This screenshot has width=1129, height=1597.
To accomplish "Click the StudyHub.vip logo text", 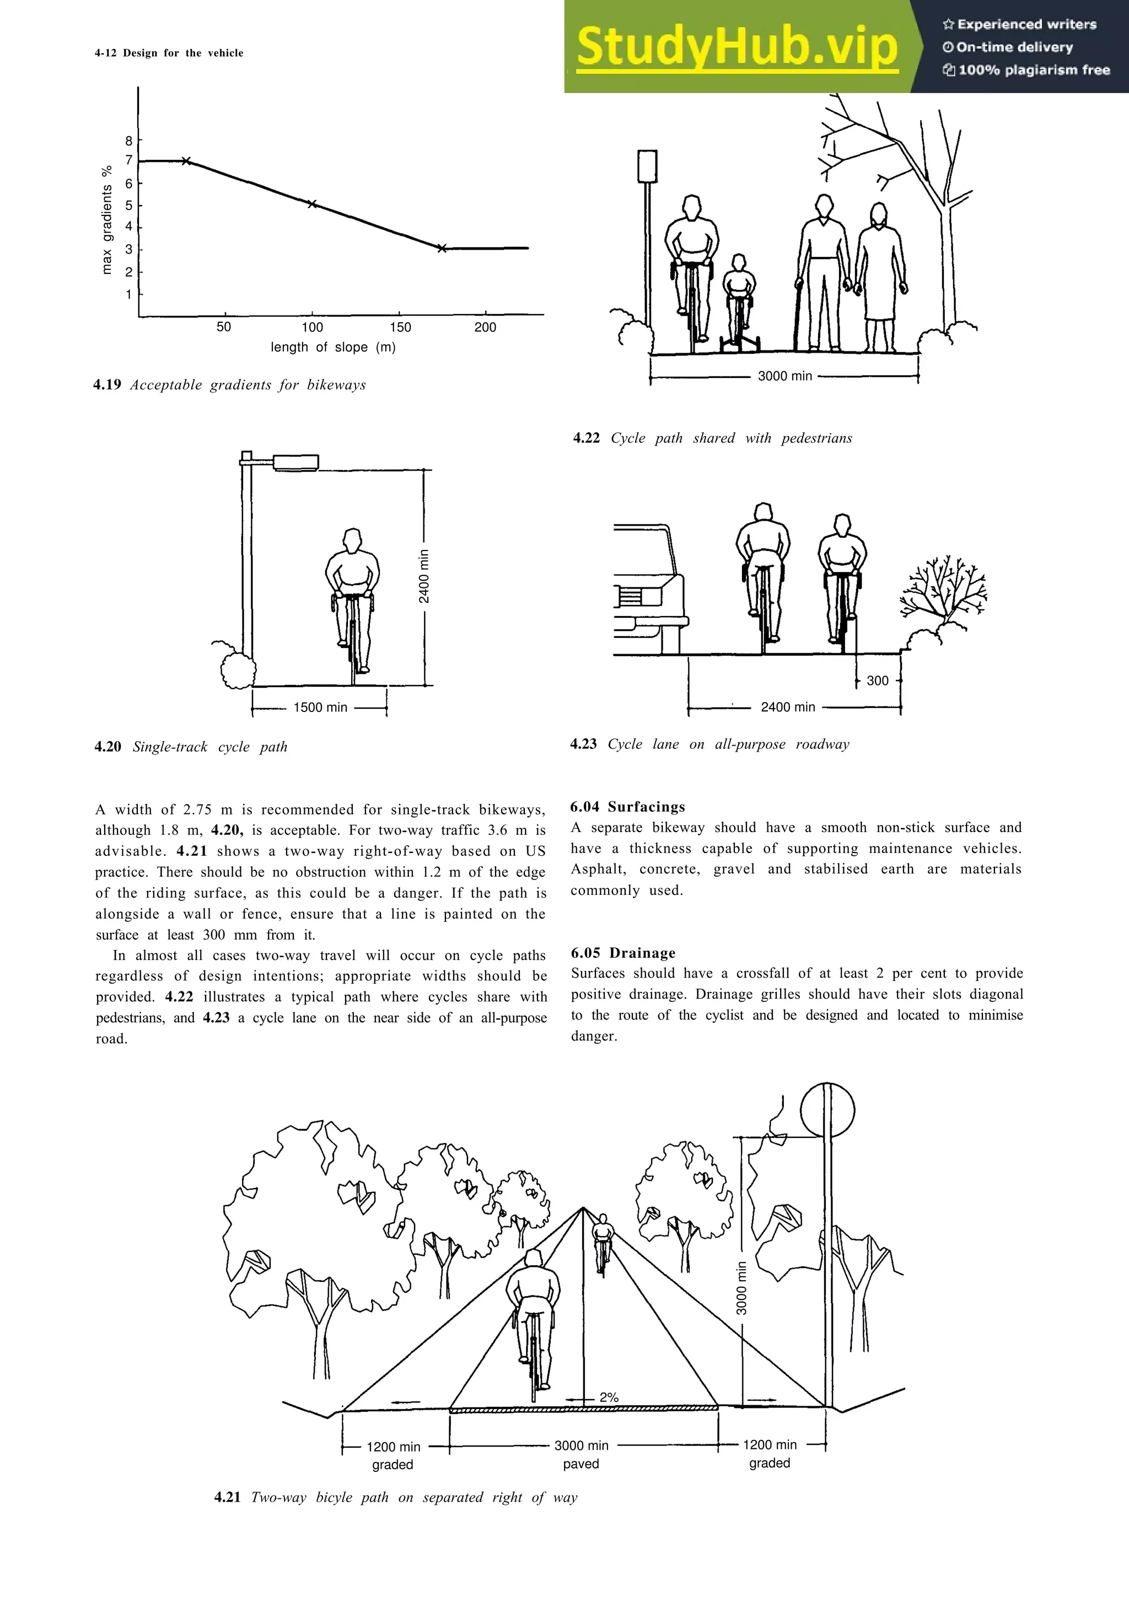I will (x=738, y=47).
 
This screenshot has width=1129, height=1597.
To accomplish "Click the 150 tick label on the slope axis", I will (x=400, y=327).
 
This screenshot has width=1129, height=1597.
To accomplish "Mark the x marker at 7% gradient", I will (x=186, y=161).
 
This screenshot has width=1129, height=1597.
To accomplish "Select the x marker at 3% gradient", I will (x=441, y=247).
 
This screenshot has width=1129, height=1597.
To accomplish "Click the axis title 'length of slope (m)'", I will (x=333, y=347).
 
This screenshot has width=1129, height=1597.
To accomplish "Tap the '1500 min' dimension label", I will (x=320, y=708).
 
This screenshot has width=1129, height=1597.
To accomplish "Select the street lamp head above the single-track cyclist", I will (x=295, y=462).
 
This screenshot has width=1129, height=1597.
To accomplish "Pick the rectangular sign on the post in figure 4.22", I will (x=647, y=166).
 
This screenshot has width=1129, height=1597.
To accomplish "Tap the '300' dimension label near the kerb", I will (x=877, y=681).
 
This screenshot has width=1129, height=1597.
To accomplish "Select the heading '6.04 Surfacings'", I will (x=627, y=807).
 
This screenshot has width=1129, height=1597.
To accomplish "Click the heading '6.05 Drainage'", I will (x=622, y=953).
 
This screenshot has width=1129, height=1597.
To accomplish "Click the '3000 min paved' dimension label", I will (x=582, y=1454).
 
